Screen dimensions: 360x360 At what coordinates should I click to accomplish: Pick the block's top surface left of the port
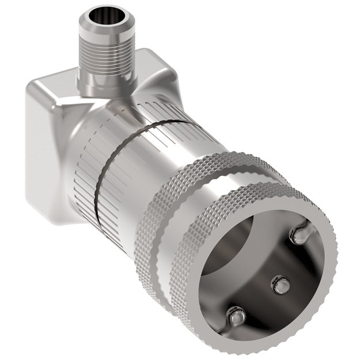(58, 84)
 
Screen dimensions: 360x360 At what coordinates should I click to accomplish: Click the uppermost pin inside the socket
(300, 233)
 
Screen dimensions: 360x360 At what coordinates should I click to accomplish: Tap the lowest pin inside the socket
(236, 316)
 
